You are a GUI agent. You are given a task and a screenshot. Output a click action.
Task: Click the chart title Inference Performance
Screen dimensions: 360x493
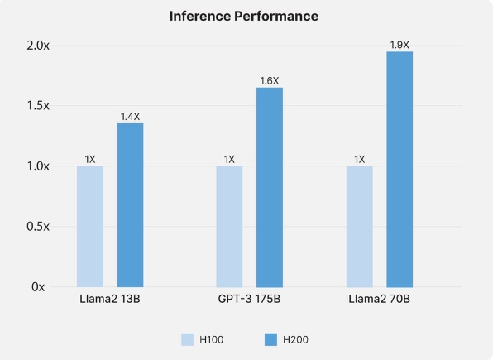pyautogui.click(x=243, y=16)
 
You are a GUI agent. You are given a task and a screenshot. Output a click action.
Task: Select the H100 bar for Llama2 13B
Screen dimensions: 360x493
pyautogui.click(x=90, y=226)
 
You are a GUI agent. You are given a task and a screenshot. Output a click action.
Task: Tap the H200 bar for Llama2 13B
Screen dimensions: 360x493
pyautogui.click(x=130, y=205)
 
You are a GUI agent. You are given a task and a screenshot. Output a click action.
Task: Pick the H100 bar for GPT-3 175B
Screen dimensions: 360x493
pyautogui.click(x=229, y=226)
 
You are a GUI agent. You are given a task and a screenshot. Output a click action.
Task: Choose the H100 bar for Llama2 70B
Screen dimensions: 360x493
pyautogui.click(x=359, y=226)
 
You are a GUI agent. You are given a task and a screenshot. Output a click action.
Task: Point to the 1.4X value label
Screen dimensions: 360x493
pyautogui.click(x=130, y=116)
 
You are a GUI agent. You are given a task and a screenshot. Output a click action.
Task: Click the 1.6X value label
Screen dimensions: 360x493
pyautogui.click(x=270, y=81)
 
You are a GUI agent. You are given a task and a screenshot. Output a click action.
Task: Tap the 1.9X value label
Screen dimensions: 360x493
pyautogui.click(x=400, y=45)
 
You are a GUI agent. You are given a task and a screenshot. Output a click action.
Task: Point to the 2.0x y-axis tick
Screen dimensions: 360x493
pyautogui.click(x=37, y=46)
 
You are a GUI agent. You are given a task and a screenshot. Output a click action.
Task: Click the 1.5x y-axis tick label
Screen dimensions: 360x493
pyautogui.click(x=37, y=106)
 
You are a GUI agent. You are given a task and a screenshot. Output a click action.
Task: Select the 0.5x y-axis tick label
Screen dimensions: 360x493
pyautogui.click(x=37, y=226)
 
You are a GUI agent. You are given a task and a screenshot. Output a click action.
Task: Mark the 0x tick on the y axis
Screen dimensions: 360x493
pyautogui.click(x=38, y=286)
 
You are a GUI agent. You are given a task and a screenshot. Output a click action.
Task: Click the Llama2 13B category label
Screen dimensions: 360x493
pyautogui.click(x=110, y=298)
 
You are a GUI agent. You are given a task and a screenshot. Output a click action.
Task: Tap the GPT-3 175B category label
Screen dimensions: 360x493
pyautogui.click(x=249, y=298)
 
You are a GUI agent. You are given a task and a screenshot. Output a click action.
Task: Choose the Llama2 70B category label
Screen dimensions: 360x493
pyautogui.click(x=380, y=298)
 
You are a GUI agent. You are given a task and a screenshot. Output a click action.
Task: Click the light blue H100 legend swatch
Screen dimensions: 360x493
pyautogui.click(x=188, y=339)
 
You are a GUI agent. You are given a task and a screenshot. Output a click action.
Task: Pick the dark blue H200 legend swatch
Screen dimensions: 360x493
pyautogui.click(x=270, y=339)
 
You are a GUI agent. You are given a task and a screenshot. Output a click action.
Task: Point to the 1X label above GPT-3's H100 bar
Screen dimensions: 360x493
pyautogui.click(x=229, y=159)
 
